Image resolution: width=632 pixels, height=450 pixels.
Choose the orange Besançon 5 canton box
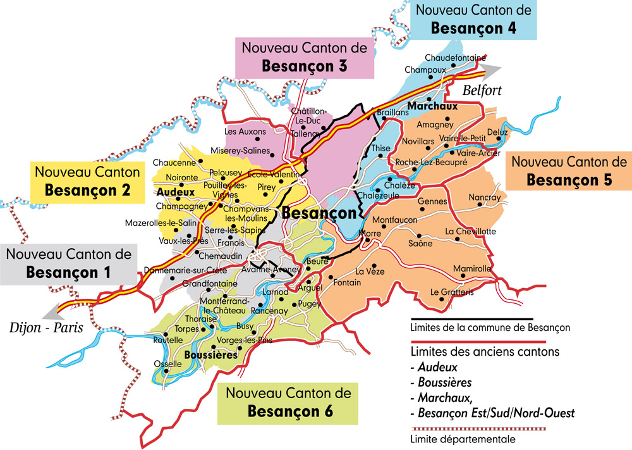(569, 170)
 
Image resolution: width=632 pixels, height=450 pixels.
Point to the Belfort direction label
(482, 91)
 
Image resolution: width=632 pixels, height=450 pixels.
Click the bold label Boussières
(210, 356)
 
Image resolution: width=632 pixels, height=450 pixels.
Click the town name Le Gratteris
(452, 292)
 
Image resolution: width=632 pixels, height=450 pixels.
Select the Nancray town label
(485, 197)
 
